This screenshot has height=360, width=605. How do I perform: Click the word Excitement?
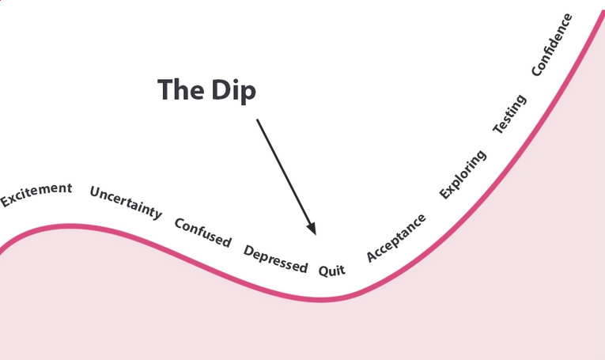[36, 195]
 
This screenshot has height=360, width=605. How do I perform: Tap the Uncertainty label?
[126, 202]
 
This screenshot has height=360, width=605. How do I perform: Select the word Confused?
[202, 232]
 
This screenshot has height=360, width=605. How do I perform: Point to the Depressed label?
[275, 260]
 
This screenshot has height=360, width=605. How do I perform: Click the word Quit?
[332, 271]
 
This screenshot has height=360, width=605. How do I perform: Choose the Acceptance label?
[396, 237]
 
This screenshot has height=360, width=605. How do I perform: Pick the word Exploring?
[463, 173]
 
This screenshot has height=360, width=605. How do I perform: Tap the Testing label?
[509, 114]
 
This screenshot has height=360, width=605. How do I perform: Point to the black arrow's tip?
[315, 234]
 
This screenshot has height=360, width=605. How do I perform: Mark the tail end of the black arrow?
[257, 119]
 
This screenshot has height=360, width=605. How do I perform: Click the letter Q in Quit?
[323, 270]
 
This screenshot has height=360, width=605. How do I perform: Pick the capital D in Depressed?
[248, 252]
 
